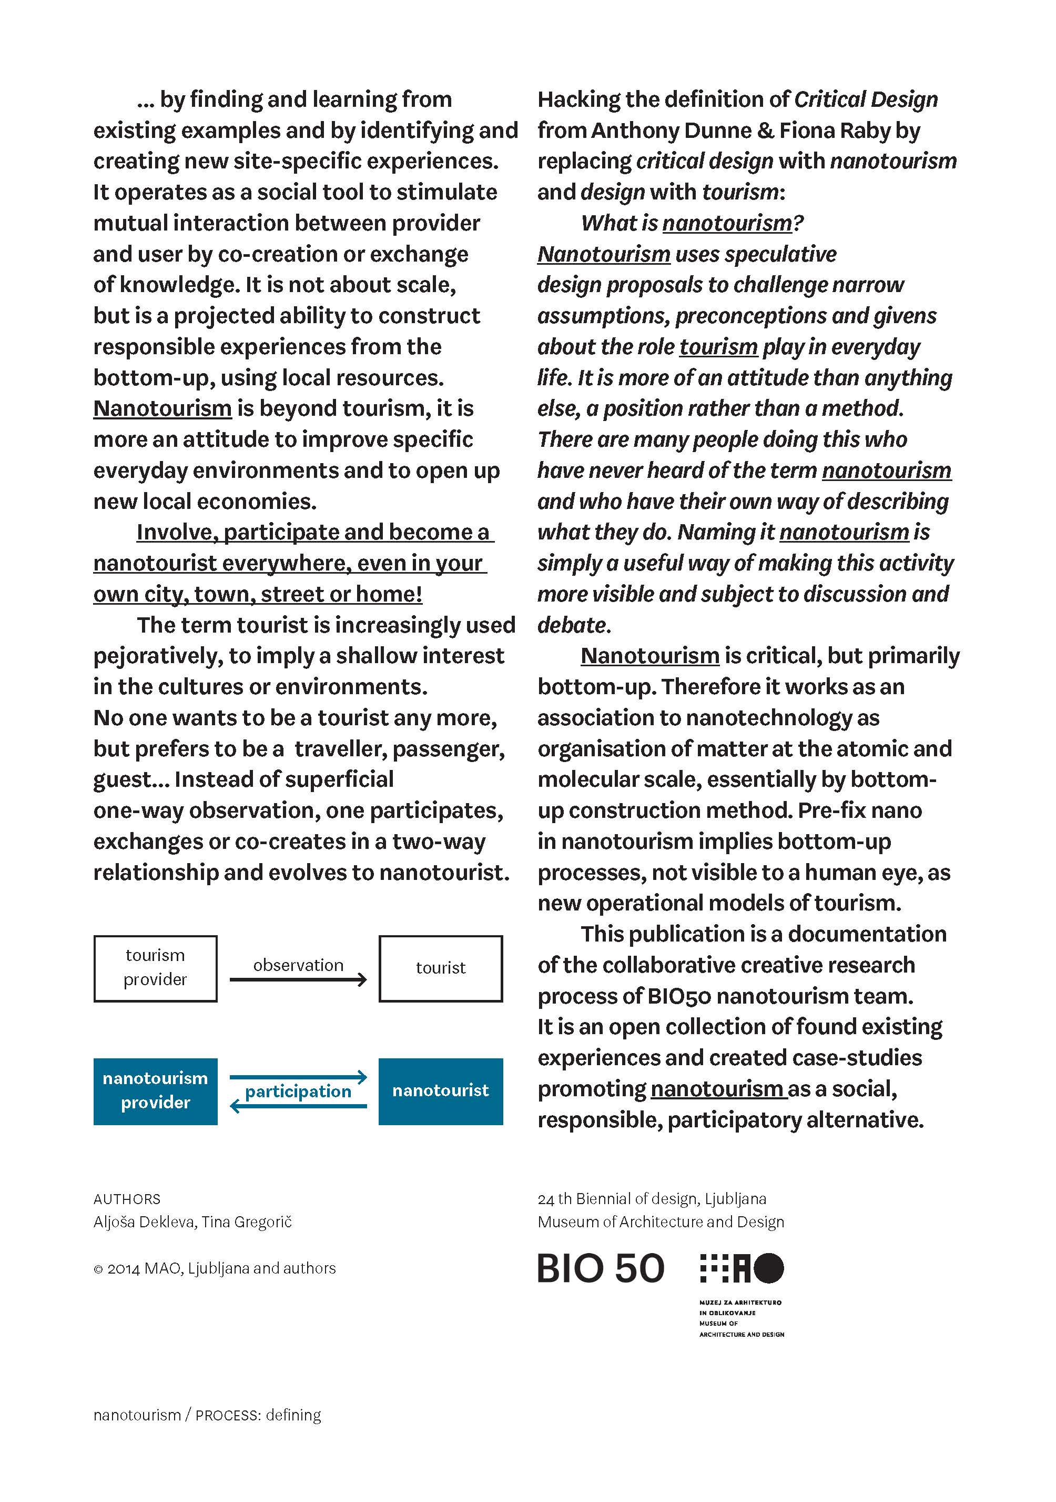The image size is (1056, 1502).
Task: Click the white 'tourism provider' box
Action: point(155,968)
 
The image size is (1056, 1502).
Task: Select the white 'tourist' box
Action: point(440,968)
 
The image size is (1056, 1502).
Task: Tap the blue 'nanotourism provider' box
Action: point(155,1090)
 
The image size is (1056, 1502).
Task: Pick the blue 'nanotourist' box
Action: point(440,1090)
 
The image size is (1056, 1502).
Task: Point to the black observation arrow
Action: point(298,979)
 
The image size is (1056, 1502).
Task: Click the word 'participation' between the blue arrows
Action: point(298,1091)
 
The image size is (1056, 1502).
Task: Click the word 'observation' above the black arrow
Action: point(298,965)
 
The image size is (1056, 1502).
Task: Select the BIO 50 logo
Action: point(600,1268)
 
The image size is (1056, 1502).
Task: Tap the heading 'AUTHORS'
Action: point(127,1199)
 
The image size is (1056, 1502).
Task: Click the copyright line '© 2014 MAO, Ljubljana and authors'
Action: point(215,1268)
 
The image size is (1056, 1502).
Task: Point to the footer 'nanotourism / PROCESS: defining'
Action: point(207,1415)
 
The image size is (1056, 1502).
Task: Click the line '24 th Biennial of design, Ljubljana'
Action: point(651,1198)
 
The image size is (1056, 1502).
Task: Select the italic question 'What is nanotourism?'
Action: point(692,223)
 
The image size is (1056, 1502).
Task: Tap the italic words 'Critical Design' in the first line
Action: point(866,99)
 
